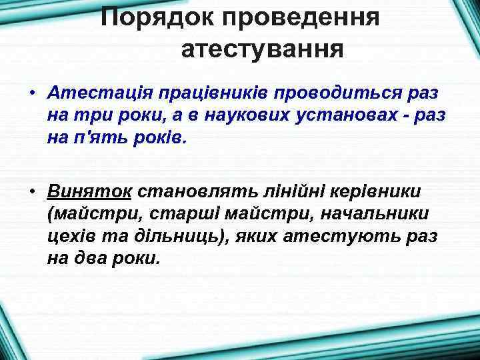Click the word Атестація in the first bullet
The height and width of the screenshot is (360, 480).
[92, 93]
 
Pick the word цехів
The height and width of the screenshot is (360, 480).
[70, 237]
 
